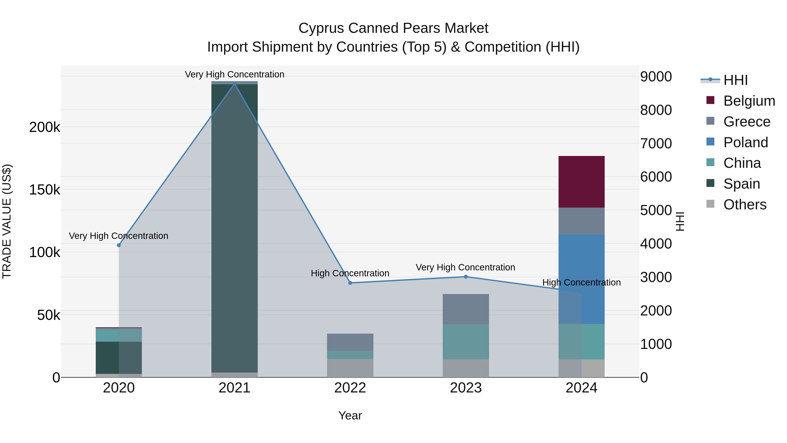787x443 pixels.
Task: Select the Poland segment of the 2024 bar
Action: pos(581,279)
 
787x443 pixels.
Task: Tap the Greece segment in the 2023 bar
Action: pos(466,309)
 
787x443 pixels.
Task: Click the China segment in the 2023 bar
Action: pos(466,341)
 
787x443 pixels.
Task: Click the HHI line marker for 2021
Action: pos(234,84)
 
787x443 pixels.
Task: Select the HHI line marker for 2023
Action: pos(466,277)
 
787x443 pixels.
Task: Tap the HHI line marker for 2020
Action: pos(119,245)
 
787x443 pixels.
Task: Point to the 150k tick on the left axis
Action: pos(45,190)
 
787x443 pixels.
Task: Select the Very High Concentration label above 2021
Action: pos(234,74)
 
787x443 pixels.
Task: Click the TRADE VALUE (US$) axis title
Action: pos(7,221)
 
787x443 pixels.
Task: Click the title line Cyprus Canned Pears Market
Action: pos(393,28)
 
